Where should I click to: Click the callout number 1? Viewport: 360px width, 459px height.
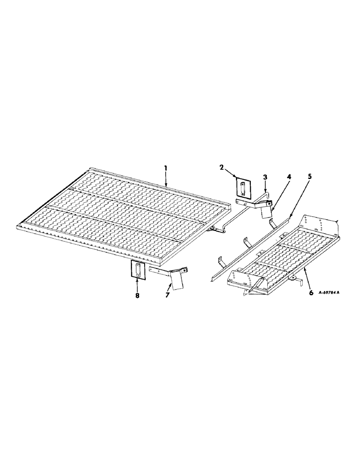coord(166,169)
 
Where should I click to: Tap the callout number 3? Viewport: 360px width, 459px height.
coord(265,177)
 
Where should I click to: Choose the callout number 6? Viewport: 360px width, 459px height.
coord(311,292)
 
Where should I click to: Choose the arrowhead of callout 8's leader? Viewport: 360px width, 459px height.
coord(137,279)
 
